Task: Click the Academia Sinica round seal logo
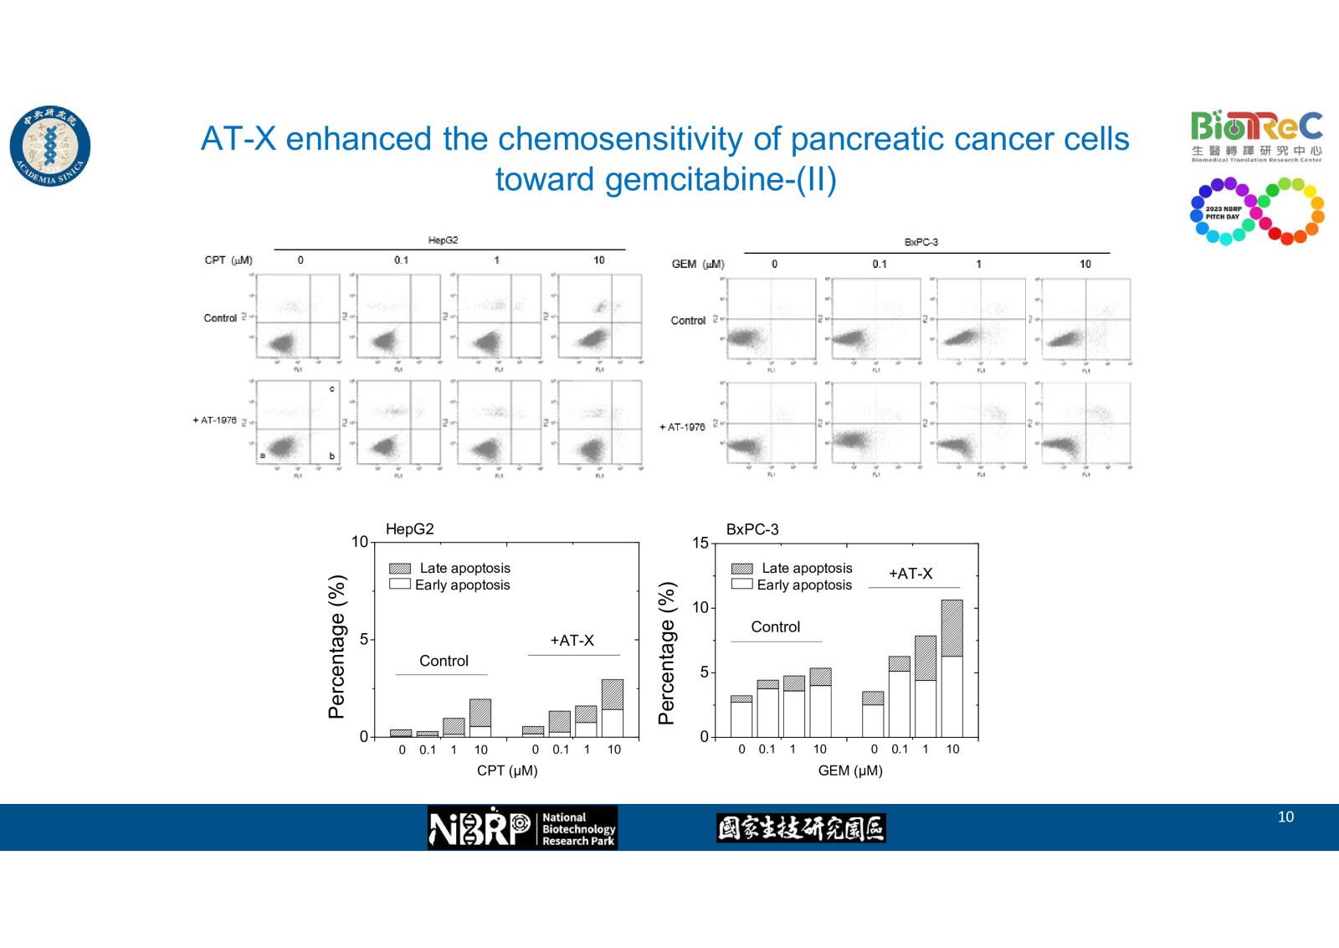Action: [50, 146]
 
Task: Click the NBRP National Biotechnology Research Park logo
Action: [522, 827]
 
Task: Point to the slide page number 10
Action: [1285, 817]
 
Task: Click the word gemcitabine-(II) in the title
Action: [665, 180]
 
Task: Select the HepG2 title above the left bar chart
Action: [409, 529]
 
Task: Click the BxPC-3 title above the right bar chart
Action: [752, 529]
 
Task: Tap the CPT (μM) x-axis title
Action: [507, 770]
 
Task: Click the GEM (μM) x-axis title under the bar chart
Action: [849, 770]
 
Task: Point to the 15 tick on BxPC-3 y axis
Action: [700, 543]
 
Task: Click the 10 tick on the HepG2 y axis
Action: [359, 542]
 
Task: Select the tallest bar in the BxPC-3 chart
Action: [952, 668]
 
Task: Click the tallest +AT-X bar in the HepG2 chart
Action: [613, 708]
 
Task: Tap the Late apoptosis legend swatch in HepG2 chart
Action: [400, 569]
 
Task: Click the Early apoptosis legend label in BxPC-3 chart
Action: [804, 585]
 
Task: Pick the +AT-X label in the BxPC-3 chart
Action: [910, 574]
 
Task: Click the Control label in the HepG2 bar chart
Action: [444, 661]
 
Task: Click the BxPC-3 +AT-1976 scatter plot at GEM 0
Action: [771, 425]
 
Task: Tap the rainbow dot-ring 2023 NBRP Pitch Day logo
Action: [1256, 211]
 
